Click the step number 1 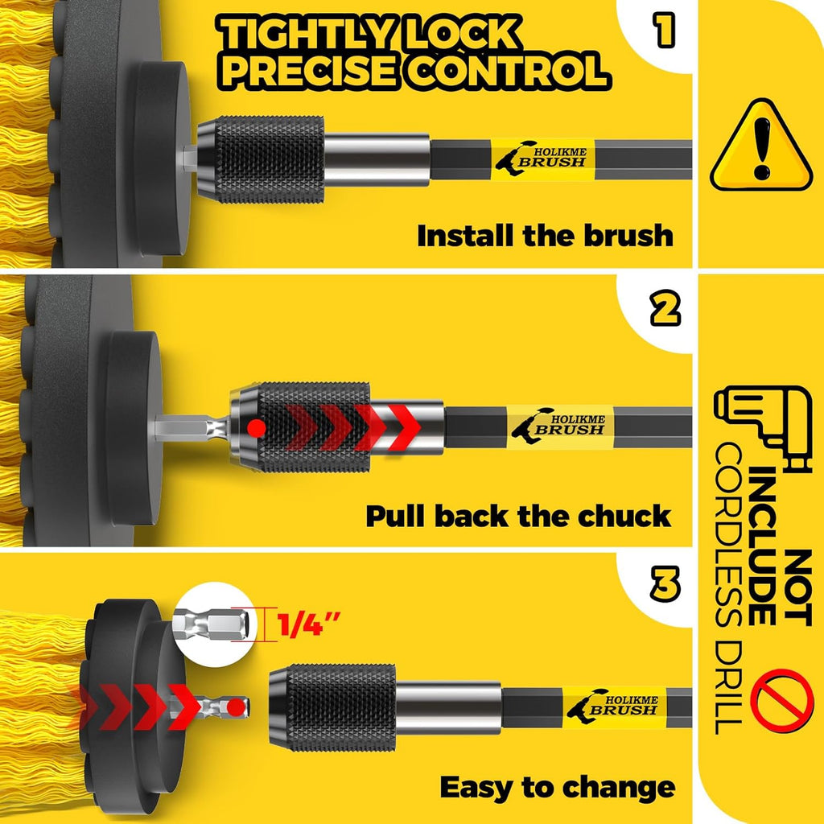coord(664,30)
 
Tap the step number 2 coord(665,309)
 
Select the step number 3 coord(665,584)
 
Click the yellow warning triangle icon coord(761,146)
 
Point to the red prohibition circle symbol coord(782,701)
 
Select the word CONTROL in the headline coord(509,71)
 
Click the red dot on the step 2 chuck coord(257,428)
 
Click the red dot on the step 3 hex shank coord(236,707)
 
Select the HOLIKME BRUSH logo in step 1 coord(542,159)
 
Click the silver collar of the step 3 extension coord(448,707)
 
